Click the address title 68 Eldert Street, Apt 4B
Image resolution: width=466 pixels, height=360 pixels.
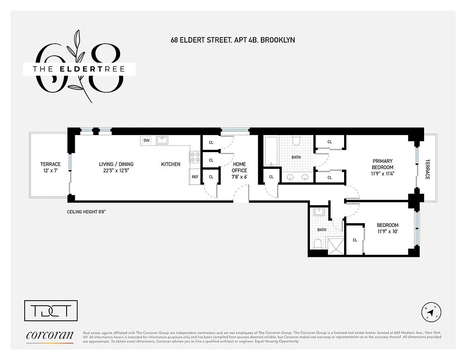point(233,40)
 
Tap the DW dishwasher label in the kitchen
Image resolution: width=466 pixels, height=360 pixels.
point(146,140)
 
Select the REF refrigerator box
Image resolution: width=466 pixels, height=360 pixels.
point(195,177)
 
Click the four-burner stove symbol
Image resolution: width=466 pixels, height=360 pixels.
point(195,157)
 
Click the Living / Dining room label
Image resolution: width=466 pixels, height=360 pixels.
point(116,167)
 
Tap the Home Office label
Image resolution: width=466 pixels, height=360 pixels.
point(239,167)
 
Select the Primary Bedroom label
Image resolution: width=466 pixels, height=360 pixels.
point(382,167)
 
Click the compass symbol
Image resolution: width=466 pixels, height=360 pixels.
point(431,312)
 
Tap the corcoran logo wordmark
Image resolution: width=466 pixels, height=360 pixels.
point(49,335)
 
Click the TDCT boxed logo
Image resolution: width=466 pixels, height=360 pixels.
point(50,311)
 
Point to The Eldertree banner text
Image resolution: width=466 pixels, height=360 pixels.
point(79,69)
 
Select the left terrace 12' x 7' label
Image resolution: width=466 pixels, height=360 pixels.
point(50,167)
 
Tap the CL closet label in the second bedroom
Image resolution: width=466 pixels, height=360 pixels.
point(354,240)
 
